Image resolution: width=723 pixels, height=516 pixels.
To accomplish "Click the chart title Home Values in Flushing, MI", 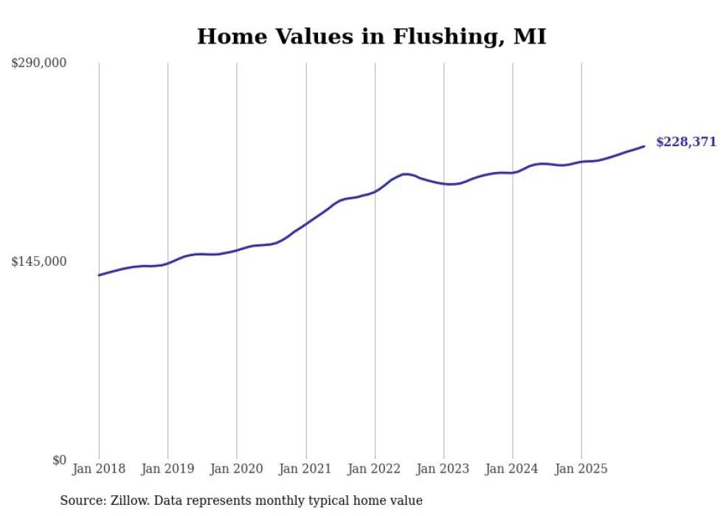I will (x=371, y=37).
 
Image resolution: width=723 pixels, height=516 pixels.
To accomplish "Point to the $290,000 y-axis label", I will (x=39, y=63).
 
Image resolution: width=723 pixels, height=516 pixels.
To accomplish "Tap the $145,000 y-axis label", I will (x=39, y=261).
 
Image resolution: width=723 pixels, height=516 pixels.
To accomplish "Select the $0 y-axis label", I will (x=59, y=460).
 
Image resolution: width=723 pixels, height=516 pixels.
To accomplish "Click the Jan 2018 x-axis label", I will (x=99, y=469).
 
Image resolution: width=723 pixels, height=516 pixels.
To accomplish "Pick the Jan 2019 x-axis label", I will (x=167, y=469).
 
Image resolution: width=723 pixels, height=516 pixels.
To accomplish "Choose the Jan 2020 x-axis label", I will (x=237, y=469).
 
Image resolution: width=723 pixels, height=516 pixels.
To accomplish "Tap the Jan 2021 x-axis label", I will (x=305, y=469).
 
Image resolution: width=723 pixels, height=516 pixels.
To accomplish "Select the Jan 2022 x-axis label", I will (x=375, y=469).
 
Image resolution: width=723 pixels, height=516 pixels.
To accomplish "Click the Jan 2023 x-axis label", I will (x=443, y=469).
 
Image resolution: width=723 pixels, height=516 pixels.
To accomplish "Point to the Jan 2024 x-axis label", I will (x=512, y=469).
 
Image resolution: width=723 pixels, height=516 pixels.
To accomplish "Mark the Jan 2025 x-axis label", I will (x=581, y=469).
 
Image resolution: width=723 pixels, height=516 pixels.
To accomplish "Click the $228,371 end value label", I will (x=685, y=142).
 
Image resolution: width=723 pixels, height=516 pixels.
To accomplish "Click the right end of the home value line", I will (x=644, y=146).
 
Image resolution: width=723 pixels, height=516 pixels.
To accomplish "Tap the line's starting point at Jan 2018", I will (x=99, y=275).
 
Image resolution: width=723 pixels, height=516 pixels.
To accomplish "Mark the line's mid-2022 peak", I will (x=405, y=174).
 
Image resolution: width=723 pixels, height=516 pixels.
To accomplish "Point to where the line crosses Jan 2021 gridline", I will (x=305, y=223).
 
